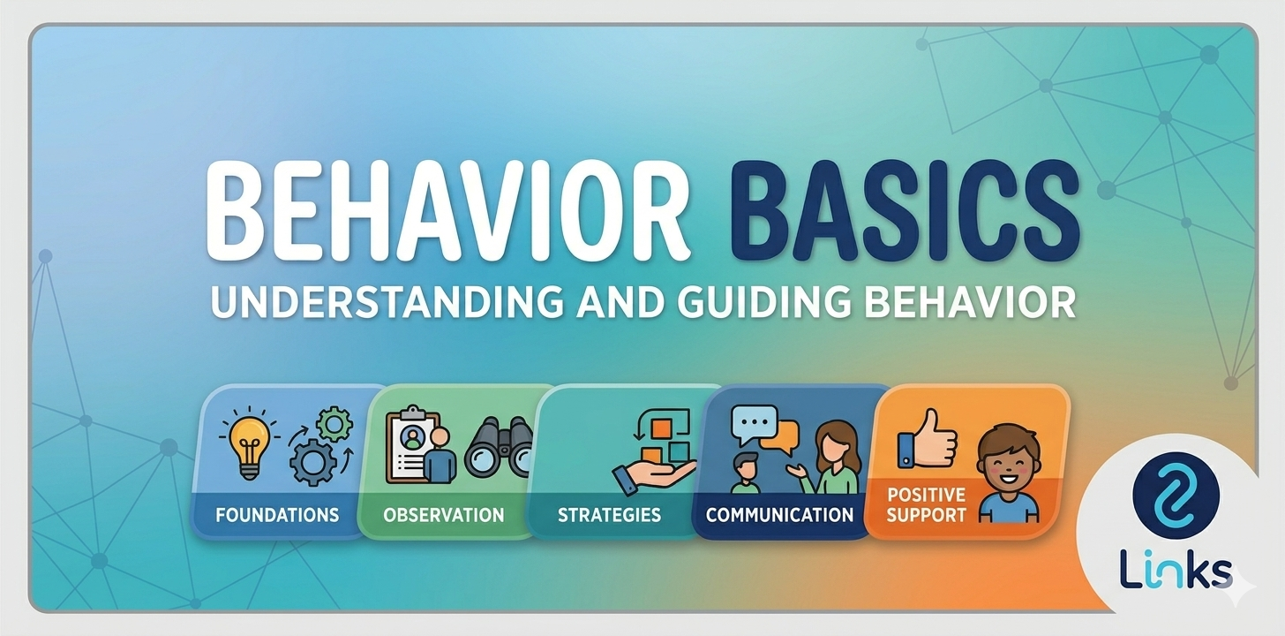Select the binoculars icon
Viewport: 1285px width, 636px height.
[x=499, y=447]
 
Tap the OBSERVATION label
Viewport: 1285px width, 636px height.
[x=444, y=514]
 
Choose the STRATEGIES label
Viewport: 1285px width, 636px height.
[x=609, y=514]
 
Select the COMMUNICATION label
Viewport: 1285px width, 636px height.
[x=779, y=514]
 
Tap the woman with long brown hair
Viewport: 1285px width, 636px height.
[x=834, y=455]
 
